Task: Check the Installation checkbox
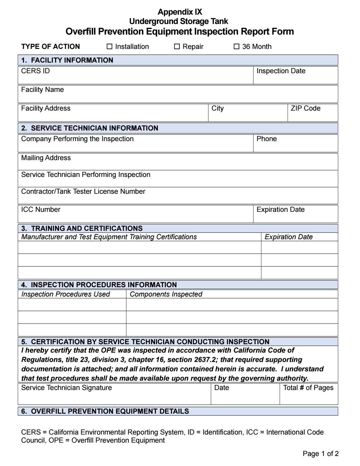click(109, 47)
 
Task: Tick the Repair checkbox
click(177, 47)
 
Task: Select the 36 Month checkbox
click(237, 47)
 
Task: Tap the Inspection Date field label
click(281, 71)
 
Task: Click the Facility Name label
click(42, 90)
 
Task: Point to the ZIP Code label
click(305, 108)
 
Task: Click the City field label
click(217, 108)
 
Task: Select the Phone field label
click(266, 139)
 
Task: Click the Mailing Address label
click(46, 158)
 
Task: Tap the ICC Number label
click(40, 210)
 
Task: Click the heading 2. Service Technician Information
click(90, 128)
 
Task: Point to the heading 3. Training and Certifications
click(82, 228)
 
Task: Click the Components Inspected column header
click(166, 294)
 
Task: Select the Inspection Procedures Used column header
click(65, 294)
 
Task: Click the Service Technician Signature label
click(66, 388)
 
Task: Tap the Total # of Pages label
click(308, 388)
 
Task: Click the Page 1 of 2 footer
click(320, 454)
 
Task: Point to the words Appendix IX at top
click(180, 12)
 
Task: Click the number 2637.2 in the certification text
click(205, 360)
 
